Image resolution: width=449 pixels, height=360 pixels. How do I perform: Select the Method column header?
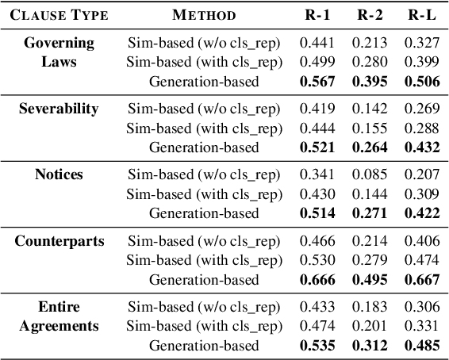[x=204, y=14]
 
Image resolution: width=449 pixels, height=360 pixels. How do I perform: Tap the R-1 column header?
[x=318, y=14]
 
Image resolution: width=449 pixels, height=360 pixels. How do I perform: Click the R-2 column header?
[x=370, y=14]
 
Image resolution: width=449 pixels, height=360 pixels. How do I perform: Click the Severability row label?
[x=58, y=108]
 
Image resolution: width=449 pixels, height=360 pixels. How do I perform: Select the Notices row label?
[x=58, y=174]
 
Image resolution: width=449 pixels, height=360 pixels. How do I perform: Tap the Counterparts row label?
[x=58, y=241]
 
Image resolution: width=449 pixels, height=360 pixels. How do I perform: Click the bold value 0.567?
[x=318, y=81]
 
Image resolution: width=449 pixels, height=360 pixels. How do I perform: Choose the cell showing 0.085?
[x=370, y=174]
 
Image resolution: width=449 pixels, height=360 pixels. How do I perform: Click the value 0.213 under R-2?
[x=370, y=41]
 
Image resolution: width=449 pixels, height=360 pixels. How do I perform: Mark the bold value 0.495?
[x=370, y=280]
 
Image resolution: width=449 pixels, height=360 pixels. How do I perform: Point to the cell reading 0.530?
[x=318, y=260]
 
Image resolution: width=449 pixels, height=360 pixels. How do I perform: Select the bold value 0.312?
[x=370, y=347]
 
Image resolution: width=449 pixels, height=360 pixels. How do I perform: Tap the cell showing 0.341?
[x=318, y=174]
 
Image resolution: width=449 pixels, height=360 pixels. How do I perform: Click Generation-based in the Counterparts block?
[x=205, y=280]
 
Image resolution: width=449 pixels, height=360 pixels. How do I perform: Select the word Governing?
[x=58, y=41]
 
